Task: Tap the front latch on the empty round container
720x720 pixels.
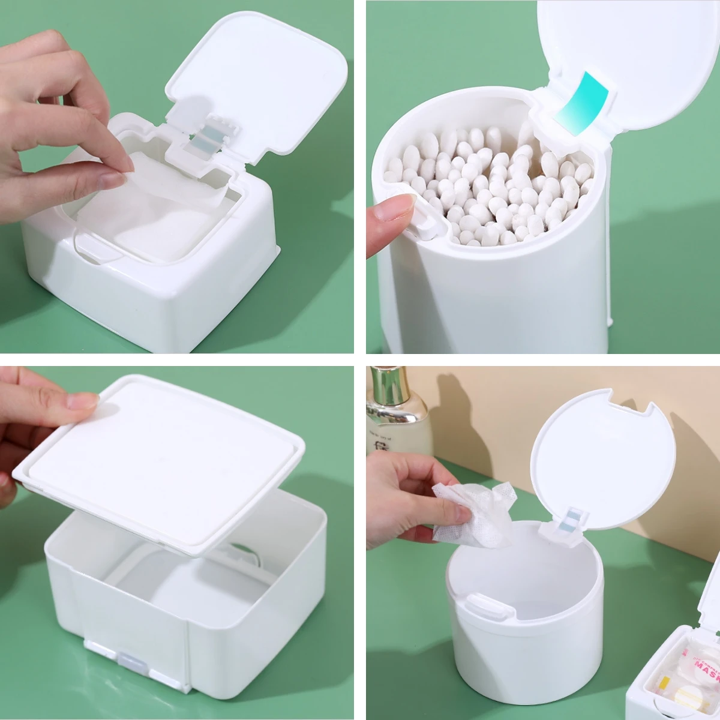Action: (485, 606)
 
